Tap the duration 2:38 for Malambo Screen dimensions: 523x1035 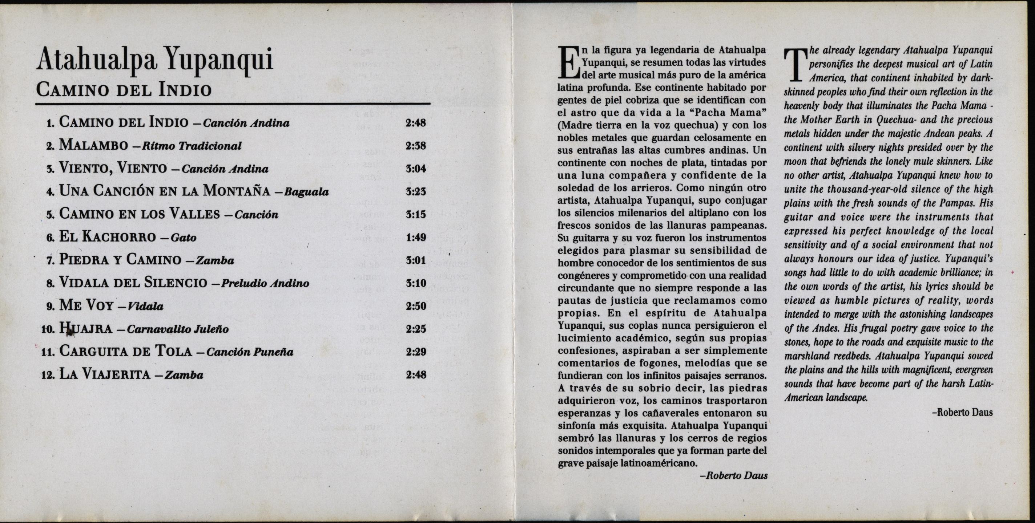click(x=415, y=145)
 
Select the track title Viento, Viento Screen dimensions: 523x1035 click(x=113, y=168)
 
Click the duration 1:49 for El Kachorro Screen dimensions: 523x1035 click(x=415, y=238)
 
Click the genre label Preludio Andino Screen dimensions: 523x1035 click(x=265, y=283)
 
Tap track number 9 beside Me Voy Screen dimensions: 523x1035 click(x=50, y=307)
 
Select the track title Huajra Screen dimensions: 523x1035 click(x=85, y=329)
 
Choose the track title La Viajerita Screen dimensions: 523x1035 click(x=104, y=375)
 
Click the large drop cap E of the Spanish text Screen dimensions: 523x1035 click(x=568, y=63)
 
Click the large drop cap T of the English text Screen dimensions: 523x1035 click(x=794, y=65)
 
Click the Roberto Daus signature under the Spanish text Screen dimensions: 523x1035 click(x=734, y=475)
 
